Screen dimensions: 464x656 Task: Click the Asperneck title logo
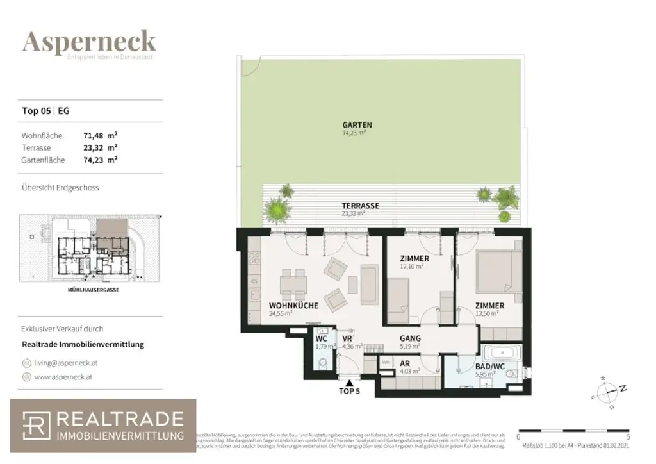point(89,42)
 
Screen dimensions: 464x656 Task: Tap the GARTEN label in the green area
point(357,125)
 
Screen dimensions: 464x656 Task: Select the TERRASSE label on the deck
point(360,206)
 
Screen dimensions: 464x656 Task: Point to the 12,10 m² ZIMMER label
point(414,258)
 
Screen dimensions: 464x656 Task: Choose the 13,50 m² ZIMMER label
point(489,306)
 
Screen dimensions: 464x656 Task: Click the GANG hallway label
point(410,338)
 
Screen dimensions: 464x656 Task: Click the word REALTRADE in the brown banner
point(120,420)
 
